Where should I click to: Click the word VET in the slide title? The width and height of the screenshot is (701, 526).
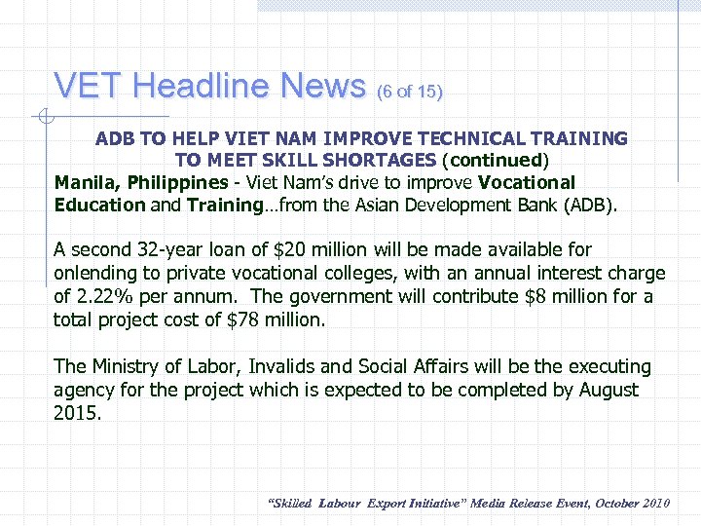[90, 87]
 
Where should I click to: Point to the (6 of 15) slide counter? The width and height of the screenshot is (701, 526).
[409, 93]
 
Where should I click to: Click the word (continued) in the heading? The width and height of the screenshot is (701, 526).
[496, 160]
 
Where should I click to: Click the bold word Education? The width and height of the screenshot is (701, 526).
[98, 205]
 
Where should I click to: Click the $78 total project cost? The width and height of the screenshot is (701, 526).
[248, 319]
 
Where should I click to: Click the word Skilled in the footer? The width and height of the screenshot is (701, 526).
[290, 503]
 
